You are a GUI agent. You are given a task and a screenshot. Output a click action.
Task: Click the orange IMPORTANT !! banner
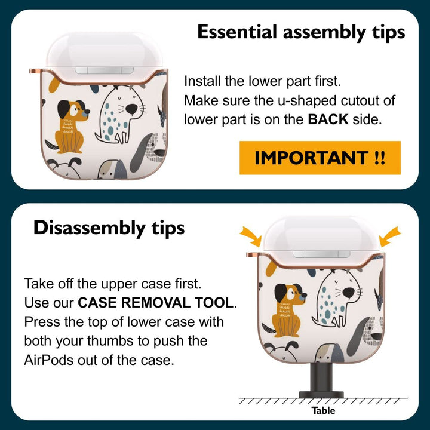pos(320,158)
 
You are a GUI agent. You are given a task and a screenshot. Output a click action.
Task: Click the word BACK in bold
pos(328,119)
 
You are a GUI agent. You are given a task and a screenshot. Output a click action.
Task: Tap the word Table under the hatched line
pos(323,410)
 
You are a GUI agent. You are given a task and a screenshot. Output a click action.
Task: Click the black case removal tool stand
pos(321,380)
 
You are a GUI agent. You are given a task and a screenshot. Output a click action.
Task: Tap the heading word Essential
pos(237,32)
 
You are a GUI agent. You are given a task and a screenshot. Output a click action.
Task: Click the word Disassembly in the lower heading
pos(90,228)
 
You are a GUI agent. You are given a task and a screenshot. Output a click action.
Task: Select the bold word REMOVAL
pos(155,303)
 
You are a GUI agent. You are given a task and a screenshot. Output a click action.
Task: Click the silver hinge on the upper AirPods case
pos(104,70)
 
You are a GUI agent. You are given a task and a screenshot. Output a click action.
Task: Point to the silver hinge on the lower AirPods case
pos(321,254)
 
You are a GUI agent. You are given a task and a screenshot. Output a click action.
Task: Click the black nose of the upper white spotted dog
pos(131,109)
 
